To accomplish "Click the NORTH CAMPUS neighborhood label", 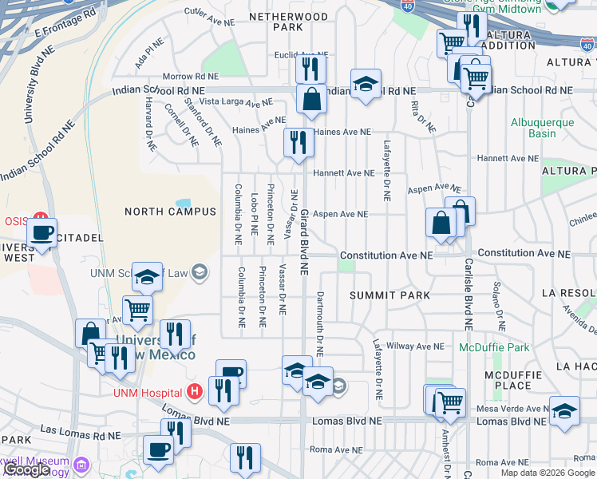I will [170, 212].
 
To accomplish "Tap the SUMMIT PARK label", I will [390, 295].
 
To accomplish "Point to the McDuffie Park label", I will [494, 348].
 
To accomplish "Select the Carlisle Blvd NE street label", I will [469, 294].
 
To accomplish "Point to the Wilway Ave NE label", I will [414, 346].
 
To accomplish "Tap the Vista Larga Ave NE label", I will [235, 102].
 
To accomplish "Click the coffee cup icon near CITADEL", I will [42, 233].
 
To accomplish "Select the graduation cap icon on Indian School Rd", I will [366, 85].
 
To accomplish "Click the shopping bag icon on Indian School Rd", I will [311, 101].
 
